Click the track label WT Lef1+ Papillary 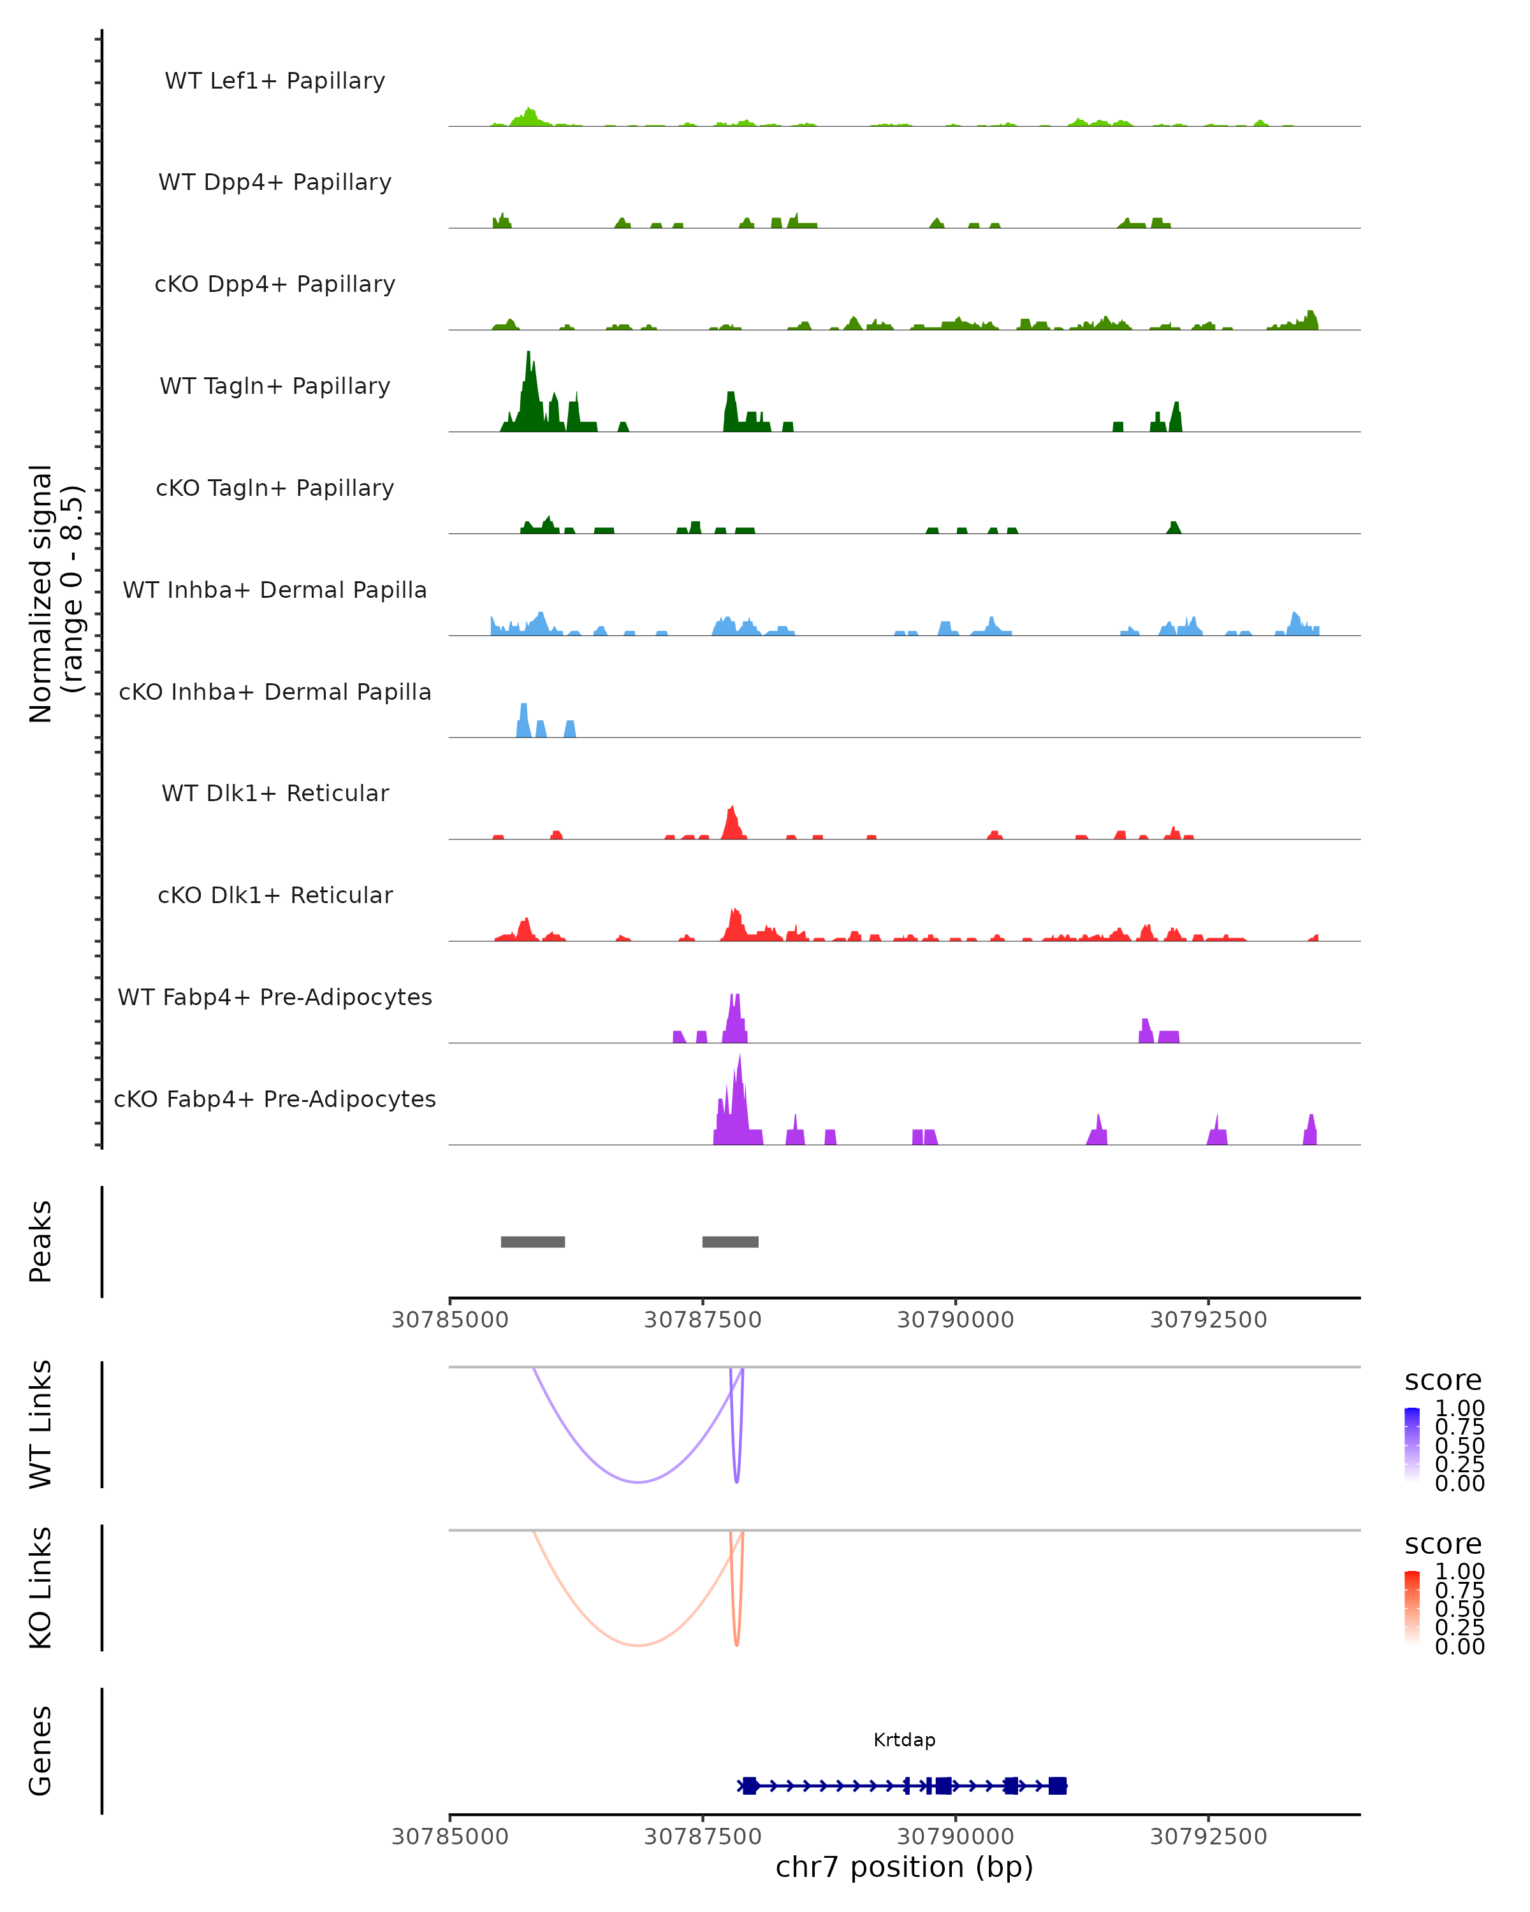coord(275,81)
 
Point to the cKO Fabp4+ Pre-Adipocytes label coord(275,1099)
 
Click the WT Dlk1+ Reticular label coord(275,793)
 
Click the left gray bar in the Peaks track coord(532,1242)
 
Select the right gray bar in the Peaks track coord(730,1242)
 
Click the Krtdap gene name coord(904,1740)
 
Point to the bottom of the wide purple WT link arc coord(637,1482)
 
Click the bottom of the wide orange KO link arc coord(637,1645)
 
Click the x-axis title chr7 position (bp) coord(904,1867)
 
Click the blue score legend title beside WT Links coord(1442,1381)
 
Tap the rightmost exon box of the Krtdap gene coord(1056,1785)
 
